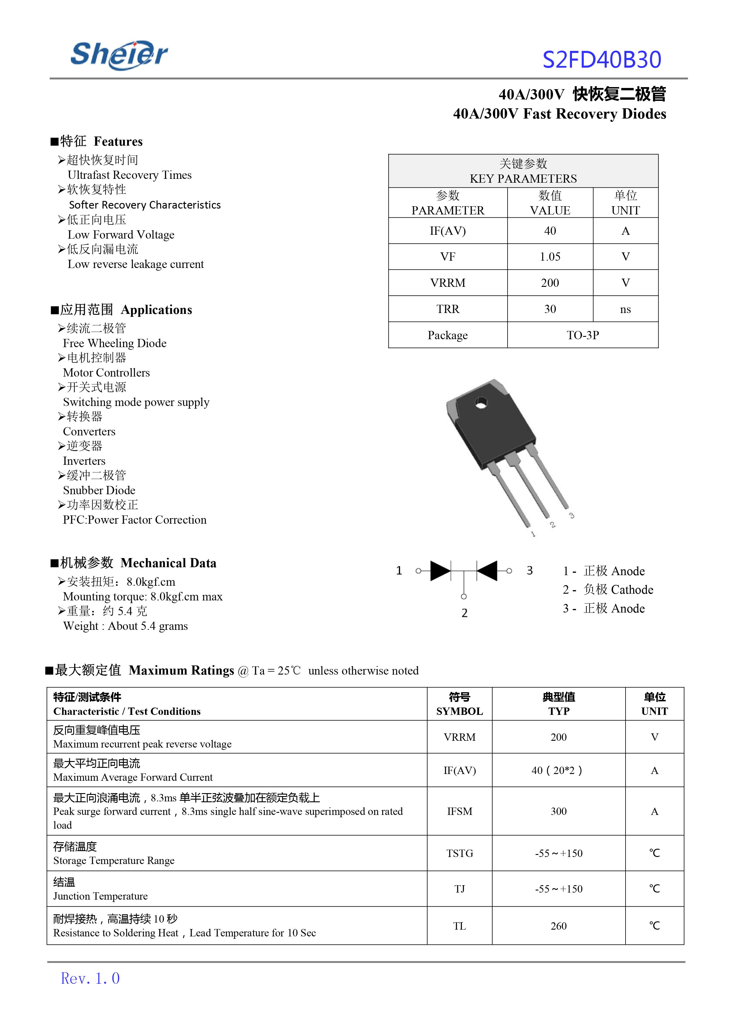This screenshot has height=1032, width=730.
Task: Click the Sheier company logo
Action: [x=119, y=55]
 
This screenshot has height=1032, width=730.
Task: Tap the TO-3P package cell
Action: [x=583, y=335]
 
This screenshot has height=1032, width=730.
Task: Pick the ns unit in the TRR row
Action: [x=625, y=309]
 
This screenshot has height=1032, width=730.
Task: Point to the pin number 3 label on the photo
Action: [x=571, y=515]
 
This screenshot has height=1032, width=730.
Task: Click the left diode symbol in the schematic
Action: [x=440, y=571]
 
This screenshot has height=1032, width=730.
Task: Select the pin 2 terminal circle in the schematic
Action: [x=464, y=596]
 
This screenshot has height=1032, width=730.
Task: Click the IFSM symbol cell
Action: [x=459, y=811]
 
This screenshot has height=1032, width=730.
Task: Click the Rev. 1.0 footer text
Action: [x=90, y=978]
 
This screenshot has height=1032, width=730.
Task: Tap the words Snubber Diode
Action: [x=99, y=490]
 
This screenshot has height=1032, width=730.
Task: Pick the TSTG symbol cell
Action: [x=459, y=853]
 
